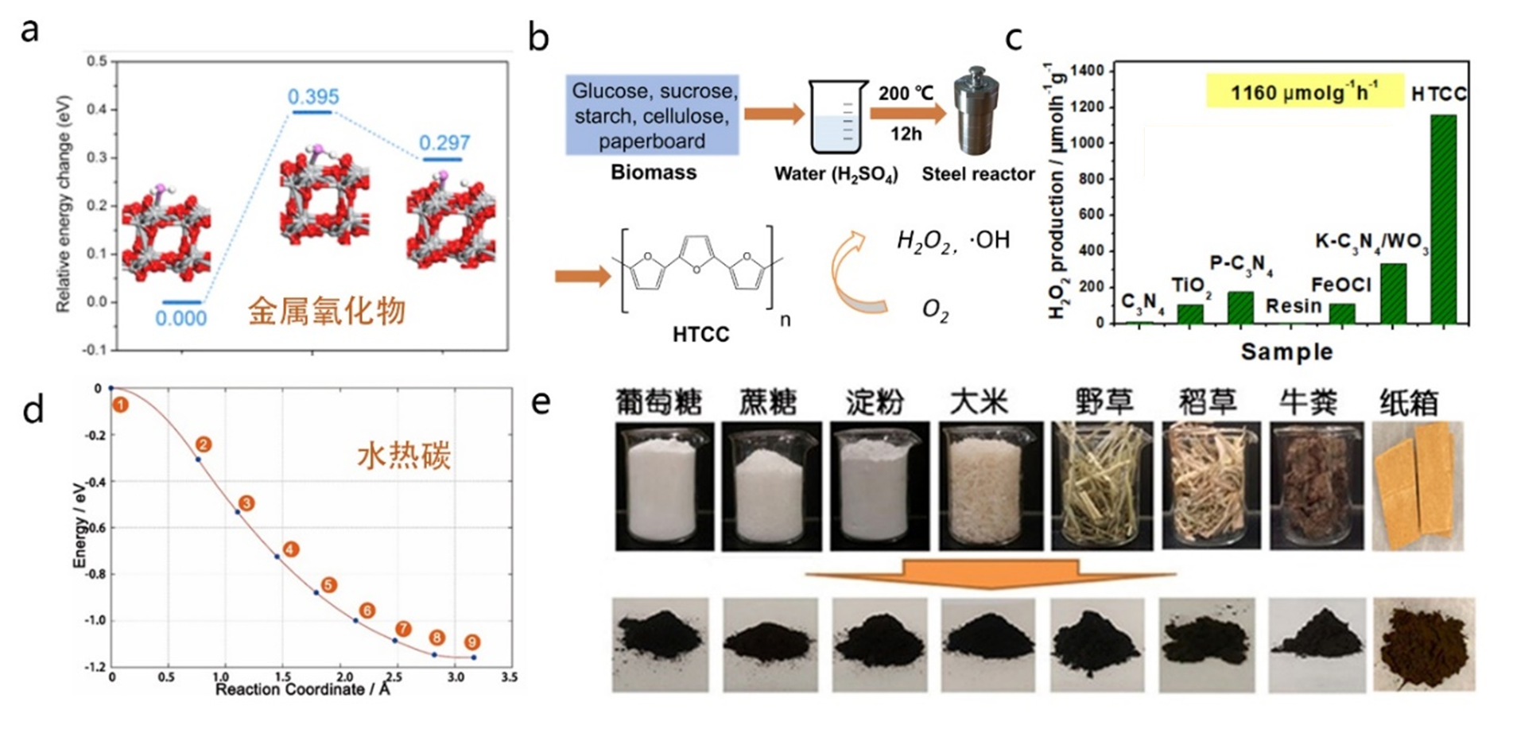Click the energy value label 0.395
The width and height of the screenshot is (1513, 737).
coord(313,97)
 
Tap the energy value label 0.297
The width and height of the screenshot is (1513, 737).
coord(444,143)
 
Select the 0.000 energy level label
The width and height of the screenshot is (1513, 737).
coord(181,319)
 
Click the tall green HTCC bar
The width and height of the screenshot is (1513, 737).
coord(1443,219)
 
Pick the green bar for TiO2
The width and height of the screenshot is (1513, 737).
coord(1190,313)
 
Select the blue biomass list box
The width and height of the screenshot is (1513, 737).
coord(653,115)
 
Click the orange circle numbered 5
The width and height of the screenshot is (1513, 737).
coord(328,585)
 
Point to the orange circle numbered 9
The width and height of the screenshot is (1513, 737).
coord(472,642)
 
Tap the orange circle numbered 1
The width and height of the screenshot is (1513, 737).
coord(120,405)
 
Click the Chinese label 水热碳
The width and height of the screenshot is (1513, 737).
coord(403,456)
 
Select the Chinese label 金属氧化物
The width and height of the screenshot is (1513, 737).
coord(327,311)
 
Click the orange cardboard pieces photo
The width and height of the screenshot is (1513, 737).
coord(1418,486)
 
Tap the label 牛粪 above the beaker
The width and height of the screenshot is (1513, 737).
coord(1308,402)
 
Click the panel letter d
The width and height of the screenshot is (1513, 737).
coord(33,410)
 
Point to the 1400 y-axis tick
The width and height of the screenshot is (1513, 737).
coord(1088,72)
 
